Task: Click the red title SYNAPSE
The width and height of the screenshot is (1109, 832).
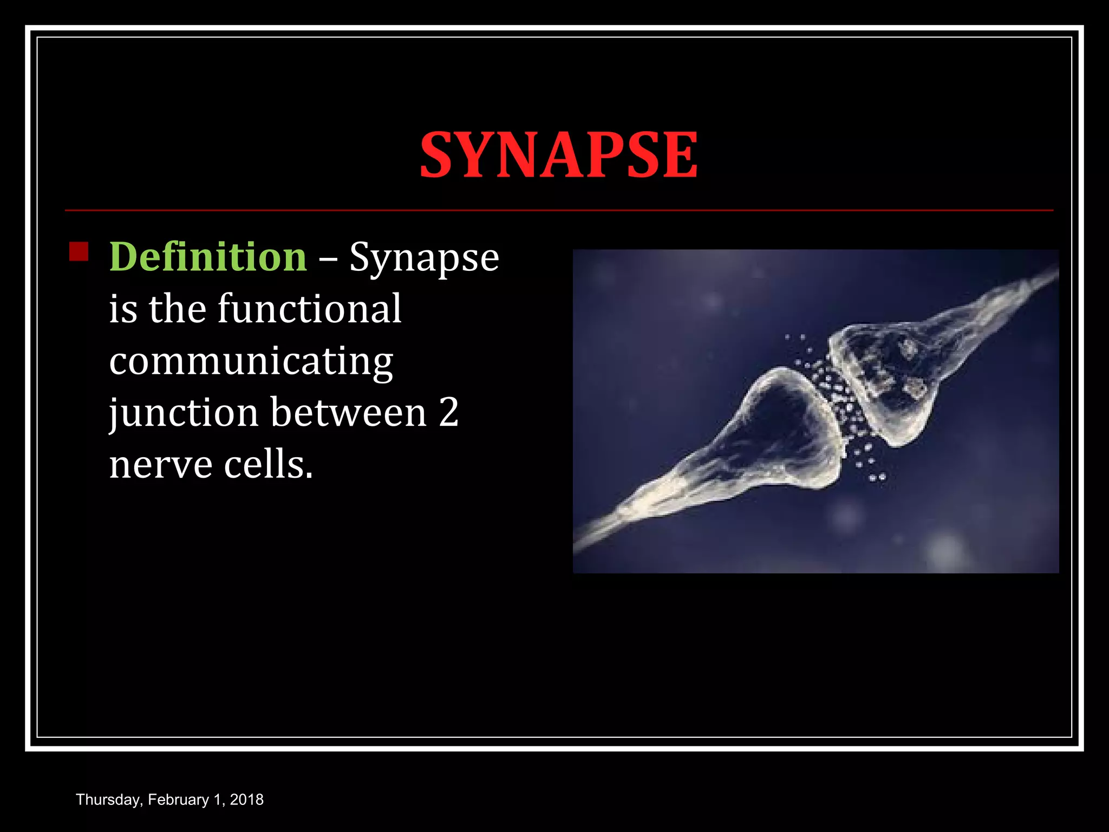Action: coord(558,155)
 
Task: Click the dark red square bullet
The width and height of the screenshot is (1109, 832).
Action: coord(79,252)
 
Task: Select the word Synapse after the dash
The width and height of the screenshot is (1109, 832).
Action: coord(424,258)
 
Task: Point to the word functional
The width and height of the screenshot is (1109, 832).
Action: coord(310,309)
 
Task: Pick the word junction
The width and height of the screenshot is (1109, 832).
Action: coord(184,413)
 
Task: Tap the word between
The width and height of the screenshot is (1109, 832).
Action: coord(349,413)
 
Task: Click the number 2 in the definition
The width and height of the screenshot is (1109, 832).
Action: coord(449,413)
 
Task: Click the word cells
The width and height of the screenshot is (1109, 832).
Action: coord(268,465)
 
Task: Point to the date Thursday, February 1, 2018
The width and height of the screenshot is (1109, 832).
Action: coord(169,799)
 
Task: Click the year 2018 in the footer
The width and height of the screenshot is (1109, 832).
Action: coord(246,799)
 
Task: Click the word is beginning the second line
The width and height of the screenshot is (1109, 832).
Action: coord(123,309)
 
